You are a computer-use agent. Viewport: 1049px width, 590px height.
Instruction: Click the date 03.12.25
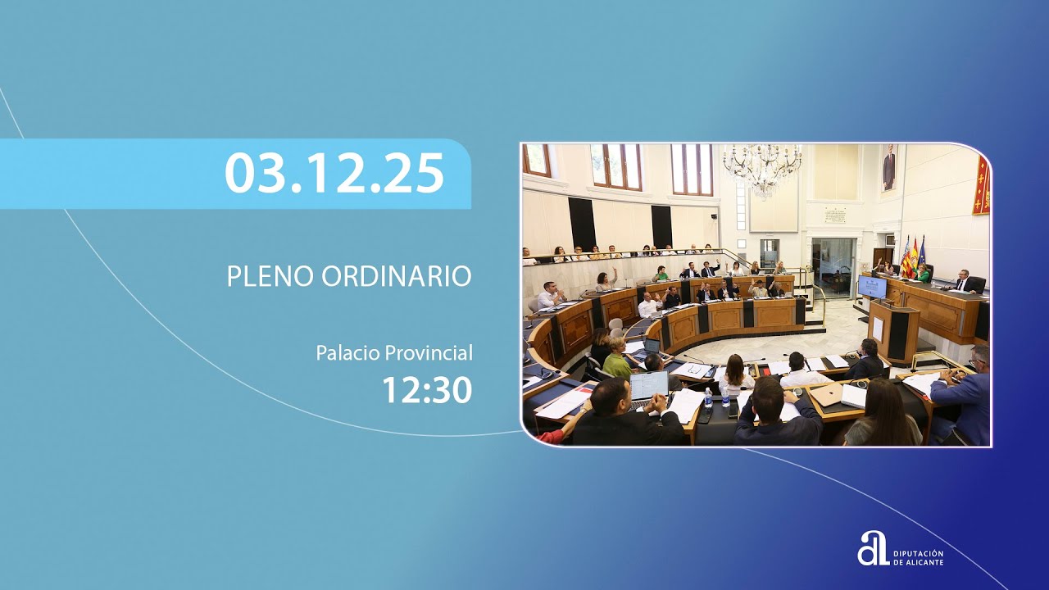point(334,173)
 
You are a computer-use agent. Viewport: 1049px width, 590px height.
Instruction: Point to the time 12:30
point(427,391)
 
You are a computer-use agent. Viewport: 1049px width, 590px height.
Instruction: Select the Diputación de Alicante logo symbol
point(873,548)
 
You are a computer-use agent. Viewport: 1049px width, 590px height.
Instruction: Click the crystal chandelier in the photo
point(762,168)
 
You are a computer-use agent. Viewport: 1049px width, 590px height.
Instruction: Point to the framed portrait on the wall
point(888,167)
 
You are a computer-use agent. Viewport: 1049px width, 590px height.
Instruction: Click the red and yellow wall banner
point(981,186)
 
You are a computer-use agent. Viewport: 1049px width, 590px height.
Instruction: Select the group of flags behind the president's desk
point(912,256)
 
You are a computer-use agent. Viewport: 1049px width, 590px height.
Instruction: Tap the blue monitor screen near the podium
point(872,287)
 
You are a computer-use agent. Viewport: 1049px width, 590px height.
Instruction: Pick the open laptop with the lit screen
point(649,386)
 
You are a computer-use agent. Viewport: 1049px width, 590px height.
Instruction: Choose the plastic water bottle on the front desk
point(708,397)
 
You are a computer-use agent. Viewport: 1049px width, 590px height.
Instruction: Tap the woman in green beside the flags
point(924,274)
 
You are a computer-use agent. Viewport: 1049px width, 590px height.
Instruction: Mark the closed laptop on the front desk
point(828,394)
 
